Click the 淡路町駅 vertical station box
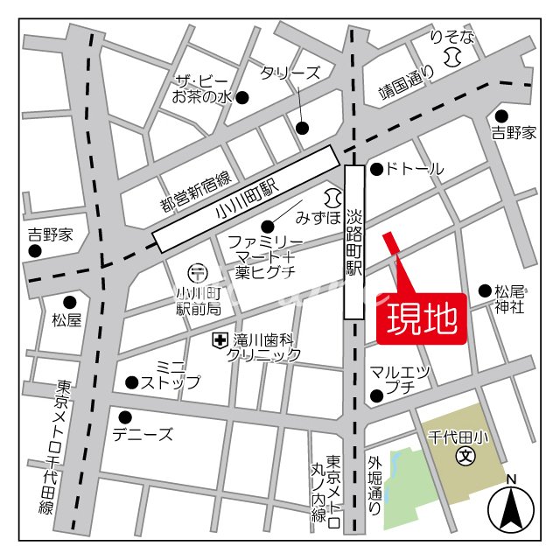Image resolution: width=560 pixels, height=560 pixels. click(x=354, y=241)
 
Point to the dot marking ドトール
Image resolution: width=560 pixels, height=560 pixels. click(x=375, y=169)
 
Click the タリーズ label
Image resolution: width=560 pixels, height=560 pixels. click(x=290, y=73)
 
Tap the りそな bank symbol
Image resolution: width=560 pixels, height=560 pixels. click(x=451, y=58)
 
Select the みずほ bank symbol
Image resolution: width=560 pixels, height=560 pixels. click(x=332, y=194)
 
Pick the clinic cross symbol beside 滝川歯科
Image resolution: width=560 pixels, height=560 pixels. click(x=217, y=339)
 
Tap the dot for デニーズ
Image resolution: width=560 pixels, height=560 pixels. click(x=126, y=416)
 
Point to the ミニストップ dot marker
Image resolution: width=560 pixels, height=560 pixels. click(x=131, y=381)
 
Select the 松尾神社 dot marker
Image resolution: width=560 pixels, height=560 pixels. click(x=485, y=290)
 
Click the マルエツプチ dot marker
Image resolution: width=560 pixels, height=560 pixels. click(x=376, y=395)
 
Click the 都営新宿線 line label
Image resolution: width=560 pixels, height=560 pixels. click(x=194, y=192)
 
